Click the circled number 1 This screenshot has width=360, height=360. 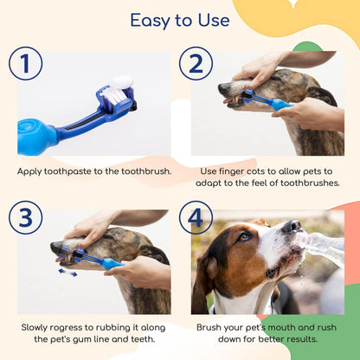click(25, 63)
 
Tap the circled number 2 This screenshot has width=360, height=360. click(196, 63)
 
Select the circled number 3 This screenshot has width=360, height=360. click(25, 217)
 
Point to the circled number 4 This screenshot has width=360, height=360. click(196, 217)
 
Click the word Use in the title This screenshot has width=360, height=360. click(214, 20)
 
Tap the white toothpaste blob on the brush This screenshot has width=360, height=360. click(123, 82)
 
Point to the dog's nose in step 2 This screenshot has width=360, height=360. click(223, 88)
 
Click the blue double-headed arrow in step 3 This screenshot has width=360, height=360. click(67, 273)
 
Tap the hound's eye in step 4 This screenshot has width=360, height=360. click(244, 236)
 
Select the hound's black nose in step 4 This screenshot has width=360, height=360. click(292, 227)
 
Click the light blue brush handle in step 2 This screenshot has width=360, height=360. click(280, 105)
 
